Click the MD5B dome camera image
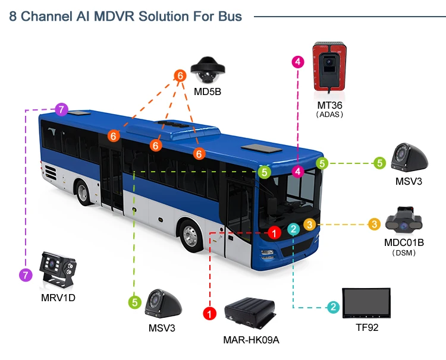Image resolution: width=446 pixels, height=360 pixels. [207, 71]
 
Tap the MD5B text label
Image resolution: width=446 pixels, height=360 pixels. [208, 91]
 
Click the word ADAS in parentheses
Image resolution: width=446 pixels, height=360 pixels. [330, 114]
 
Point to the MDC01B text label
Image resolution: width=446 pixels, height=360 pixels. [404, 242]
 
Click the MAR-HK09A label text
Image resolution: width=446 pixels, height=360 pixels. [251, 340]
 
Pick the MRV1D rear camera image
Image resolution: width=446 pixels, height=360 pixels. [58, 270]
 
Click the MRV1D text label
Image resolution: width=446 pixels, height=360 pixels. [58, 297]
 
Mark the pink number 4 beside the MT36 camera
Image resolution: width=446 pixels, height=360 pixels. [298, 61]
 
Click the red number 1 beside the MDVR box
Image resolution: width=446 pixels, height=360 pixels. [209, 312]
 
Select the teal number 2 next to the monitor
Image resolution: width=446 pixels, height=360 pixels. [334, 307]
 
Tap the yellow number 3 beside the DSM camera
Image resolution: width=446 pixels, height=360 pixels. [374, 224]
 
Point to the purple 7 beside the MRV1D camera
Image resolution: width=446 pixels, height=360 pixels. [25, 275]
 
